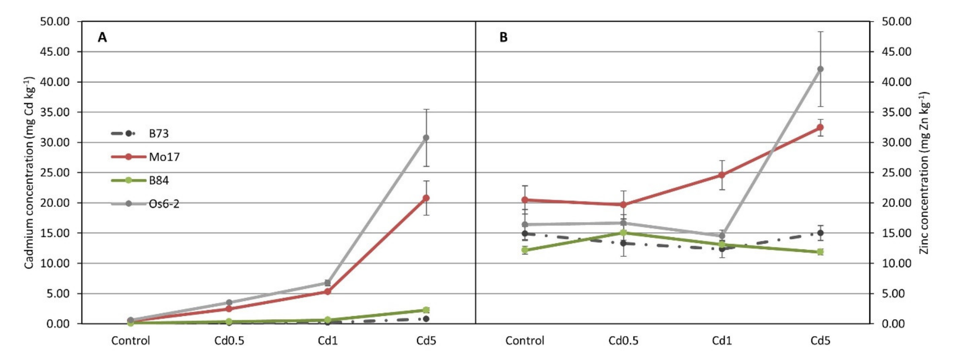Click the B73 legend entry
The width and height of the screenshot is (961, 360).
(158, 134)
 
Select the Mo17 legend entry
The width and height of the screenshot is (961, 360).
(164, 157)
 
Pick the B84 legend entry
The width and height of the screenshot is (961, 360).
(158, 180)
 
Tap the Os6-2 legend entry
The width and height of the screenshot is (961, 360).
(164, 204)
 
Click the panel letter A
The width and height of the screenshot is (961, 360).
(102, 37)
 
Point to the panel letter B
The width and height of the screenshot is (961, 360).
(503, 37)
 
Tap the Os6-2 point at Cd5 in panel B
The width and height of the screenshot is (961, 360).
(820, 69)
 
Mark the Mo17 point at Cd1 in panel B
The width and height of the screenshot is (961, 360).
(722, 175)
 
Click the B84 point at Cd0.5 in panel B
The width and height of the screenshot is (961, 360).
(623, 233)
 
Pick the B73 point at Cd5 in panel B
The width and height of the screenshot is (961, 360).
(820, 233)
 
